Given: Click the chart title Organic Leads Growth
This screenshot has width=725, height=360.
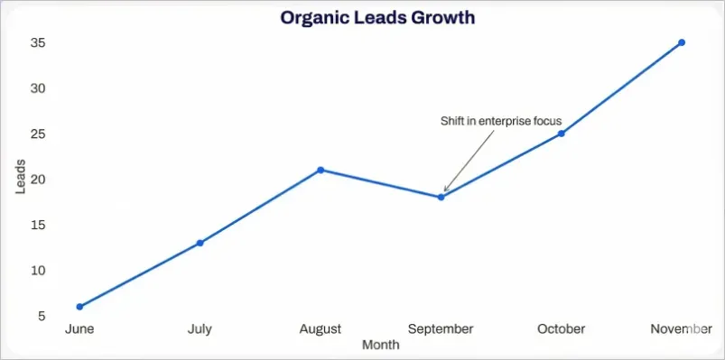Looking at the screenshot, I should point(376,17).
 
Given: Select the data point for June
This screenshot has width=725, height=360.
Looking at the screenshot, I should point(79,307).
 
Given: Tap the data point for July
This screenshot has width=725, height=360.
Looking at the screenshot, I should point(200,243).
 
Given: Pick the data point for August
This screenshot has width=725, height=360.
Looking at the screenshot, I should point(321,170).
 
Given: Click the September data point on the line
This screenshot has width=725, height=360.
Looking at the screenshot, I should point(441,197).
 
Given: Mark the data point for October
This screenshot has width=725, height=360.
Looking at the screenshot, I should point(562,134).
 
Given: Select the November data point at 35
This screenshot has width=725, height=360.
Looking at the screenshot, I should point(682,42).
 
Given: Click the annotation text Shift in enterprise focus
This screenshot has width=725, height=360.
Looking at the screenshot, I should point(500,121).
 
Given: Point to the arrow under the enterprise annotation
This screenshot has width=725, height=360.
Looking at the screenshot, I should point(469,161).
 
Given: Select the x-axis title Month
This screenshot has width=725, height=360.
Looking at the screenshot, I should point(380,345).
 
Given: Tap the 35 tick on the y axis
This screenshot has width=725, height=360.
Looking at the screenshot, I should point(38,43).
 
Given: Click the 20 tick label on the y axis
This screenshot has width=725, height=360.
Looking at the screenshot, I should point(38,180).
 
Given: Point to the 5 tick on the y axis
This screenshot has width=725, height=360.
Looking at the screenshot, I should point(42,316).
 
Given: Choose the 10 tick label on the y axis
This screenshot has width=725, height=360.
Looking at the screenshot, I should point(38,271).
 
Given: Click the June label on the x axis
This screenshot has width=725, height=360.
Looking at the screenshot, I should point(79,329).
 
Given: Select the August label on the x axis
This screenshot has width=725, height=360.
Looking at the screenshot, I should point(321,329).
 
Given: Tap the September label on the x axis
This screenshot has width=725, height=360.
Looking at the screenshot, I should point(441,329).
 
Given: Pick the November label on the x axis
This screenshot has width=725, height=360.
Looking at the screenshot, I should point(681,329).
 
